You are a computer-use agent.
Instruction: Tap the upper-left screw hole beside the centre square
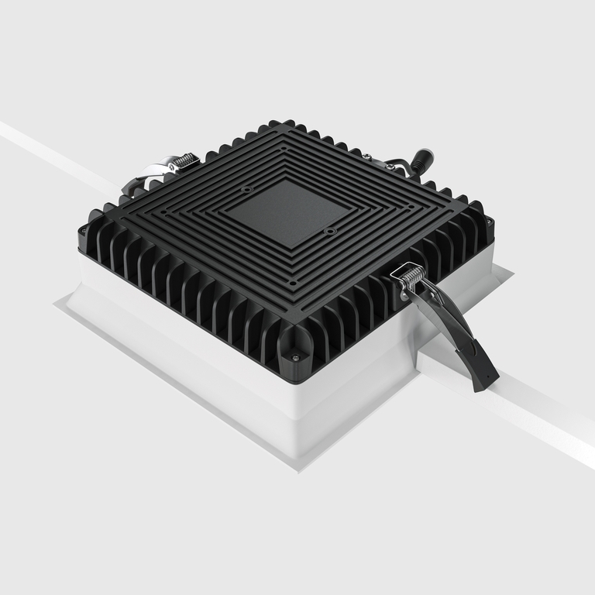246,188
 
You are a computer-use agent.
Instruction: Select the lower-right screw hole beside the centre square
329,231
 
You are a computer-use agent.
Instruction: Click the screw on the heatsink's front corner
295,357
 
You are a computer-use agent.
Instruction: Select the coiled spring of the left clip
183,161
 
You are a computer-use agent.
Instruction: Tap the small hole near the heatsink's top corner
284,146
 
